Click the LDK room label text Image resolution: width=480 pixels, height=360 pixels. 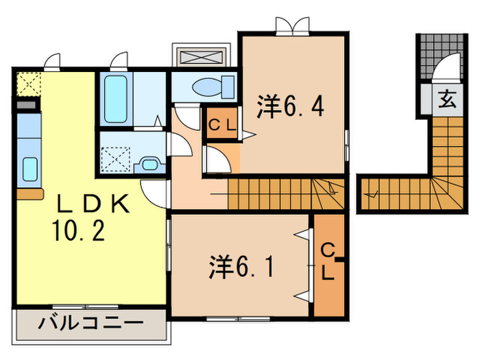click(92, 203)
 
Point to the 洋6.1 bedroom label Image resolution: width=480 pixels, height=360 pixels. click(241, 266)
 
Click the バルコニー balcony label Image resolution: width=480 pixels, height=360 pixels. click(91, 322)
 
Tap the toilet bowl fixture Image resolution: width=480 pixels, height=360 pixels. click(205, 87)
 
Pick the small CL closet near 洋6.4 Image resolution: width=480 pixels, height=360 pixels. click(222, 125)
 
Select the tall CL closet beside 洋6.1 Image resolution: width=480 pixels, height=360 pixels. click(328, 264)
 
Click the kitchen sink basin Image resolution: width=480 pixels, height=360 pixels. click(30, 167)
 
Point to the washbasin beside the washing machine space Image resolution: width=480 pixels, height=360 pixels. click(149, 164)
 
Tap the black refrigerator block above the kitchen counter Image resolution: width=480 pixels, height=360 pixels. click(25, 107)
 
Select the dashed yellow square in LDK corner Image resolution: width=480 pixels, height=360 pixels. click(27, 85)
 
